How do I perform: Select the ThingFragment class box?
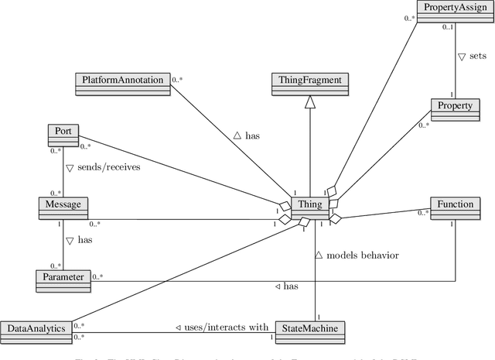[309, 80]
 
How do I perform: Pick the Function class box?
[455, 205]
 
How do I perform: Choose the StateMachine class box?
[309, 328]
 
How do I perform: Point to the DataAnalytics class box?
[36, 328]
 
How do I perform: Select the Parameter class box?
[63, 276]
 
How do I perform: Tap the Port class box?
[63, 132]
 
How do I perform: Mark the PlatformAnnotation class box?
[123, 80]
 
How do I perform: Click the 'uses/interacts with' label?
[220, 327]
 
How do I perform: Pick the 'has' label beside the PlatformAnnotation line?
[247, 136]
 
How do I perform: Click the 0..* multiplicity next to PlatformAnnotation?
[178, 80]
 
